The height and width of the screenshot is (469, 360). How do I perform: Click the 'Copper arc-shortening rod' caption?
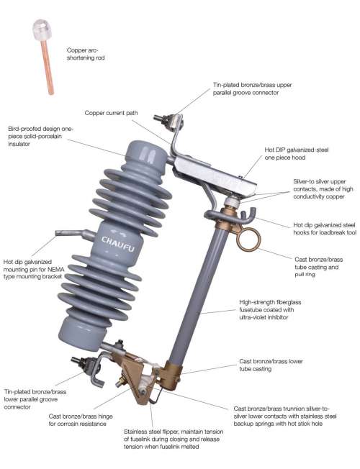tap(86, 54)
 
